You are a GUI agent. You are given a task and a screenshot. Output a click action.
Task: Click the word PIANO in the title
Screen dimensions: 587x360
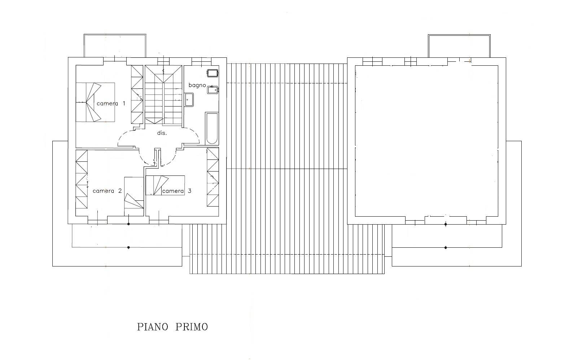coord(153,327)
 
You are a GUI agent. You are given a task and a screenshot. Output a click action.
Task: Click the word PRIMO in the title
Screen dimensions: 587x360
coord(192,327)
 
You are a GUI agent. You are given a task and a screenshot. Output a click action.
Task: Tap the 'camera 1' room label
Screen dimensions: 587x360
coord(111,104)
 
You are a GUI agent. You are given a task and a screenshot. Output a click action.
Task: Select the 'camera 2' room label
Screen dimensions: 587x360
coord(107,191)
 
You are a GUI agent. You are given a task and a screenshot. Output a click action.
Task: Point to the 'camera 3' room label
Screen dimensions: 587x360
coord(177,191)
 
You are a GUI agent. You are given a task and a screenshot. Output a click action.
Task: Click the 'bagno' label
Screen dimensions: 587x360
coord(197,86)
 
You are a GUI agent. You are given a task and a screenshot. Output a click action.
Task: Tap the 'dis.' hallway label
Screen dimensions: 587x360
coord(162,133)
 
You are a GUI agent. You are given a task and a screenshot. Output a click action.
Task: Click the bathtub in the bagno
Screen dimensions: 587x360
coord(212,129)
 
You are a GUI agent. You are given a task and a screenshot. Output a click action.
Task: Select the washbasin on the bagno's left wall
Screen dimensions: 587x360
coord(189,100)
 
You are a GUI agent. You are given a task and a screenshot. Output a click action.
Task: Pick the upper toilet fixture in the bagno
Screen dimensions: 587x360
coord(213,73)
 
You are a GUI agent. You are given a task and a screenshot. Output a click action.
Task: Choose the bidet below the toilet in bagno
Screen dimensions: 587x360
coord(213,90)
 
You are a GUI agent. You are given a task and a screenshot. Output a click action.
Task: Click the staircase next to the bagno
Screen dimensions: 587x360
coord(163,95)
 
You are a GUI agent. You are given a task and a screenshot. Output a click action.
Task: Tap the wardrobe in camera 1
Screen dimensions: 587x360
coord(137,95)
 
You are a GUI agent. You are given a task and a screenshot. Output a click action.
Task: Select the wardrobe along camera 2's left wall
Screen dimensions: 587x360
coord(82,179)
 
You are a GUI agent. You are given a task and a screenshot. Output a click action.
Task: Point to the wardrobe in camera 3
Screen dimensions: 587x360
coord(213,177)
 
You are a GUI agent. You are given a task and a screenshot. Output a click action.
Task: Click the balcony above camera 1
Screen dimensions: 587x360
coord(115,45)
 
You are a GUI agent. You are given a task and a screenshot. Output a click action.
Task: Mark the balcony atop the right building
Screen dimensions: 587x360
coord(459,46)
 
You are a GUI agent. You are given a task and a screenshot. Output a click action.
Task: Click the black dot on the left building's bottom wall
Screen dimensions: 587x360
coord(128,224)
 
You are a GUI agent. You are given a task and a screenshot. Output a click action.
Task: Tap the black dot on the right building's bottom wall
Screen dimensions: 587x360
coord(446,224)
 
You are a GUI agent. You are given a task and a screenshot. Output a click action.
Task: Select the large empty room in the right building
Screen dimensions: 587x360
coord(426,141)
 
